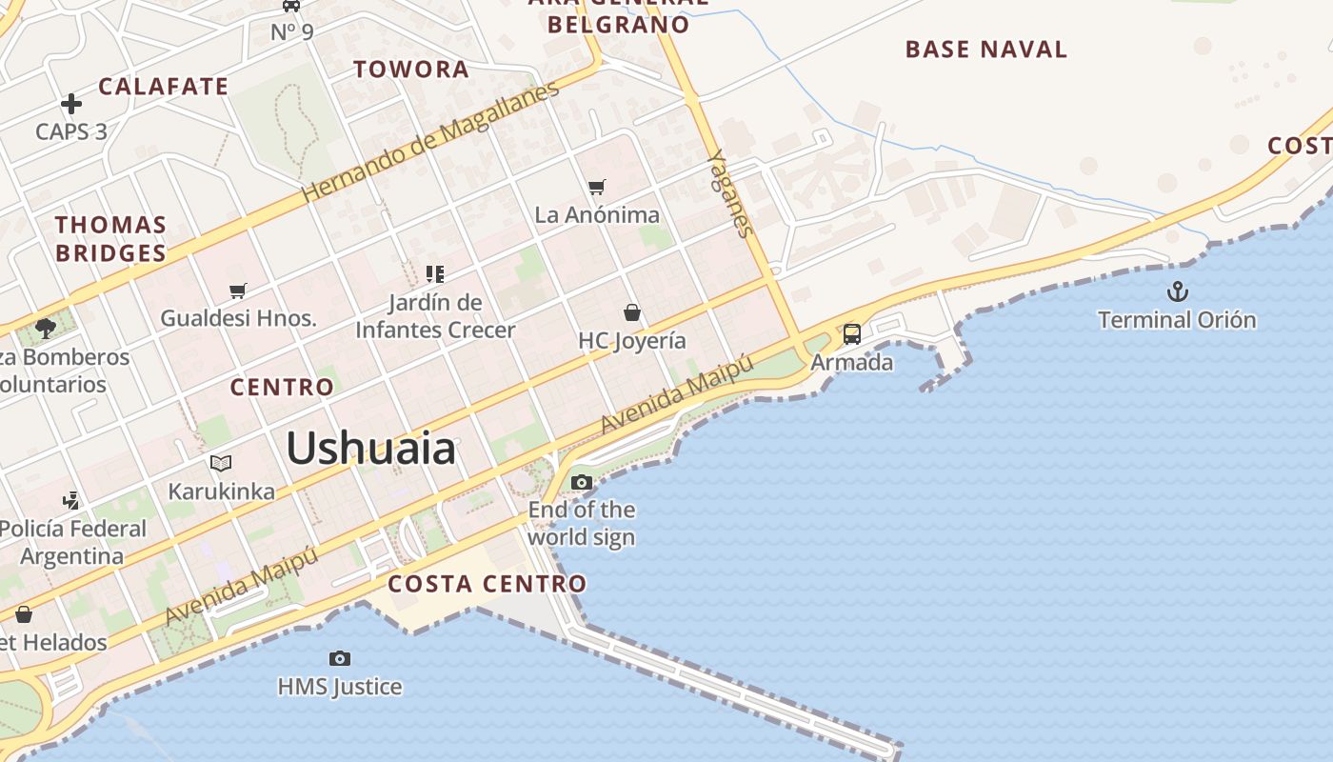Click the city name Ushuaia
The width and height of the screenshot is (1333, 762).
(x=370, y=448)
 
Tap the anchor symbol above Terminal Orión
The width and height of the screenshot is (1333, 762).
(x=1178, y=291)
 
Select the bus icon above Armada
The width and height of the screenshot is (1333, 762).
(x=852, y=334)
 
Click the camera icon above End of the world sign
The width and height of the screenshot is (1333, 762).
(x=582, y=483)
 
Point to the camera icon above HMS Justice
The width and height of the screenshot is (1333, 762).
(x=340, y=658)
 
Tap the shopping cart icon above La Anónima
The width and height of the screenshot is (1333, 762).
(x=597, y=187)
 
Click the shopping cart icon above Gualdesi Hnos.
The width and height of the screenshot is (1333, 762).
(x=238, y=291)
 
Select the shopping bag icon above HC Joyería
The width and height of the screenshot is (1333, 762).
(x=631, y=312)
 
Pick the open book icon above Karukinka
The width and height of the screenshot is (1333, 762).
(x=221, y=464)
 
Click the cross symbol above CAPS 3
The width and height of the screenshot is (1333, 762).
(x=71, y=104)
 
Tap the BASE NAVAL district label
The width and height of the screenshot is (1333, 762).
(x=985, y=50)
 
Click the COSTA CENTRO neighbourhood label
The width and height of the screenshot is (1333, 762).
(x=487, y=583)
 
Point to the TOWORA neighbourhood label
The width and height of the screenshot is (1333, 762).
(x=411, y=69)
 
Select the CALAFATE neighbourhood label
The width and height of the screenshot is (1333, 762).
(x=164, y=86)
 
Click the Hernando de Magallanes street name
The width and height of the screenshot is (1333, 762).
(x=430, y=142)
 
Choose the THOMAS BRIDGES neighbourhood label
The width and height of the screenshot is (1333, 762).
(x=110, y=239)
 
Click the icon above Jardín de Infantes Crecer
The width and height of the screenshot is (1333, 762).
(x=435, y=274)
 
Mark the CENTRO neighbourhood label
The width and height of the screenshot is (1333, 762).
(x=282, y=387)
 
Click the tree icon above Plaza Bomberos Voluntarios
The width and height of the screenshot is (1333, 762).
(x=45, y=329)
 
